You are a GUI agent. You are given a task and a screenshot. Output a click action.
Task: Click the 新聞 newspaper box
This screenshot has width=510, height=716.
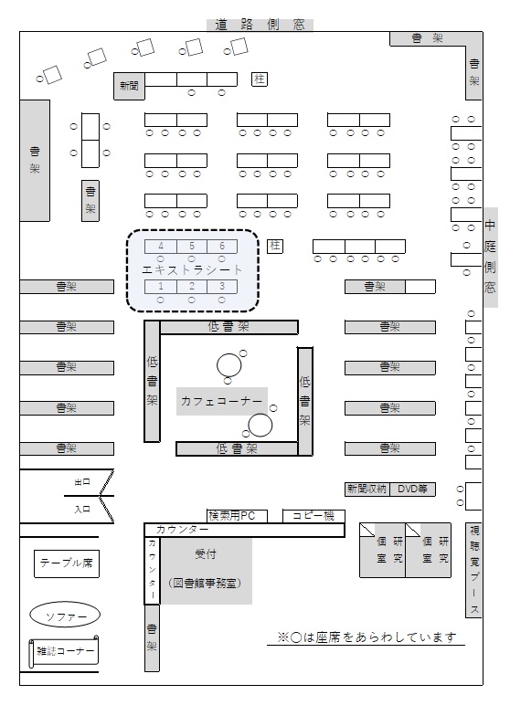pyautogui.click(x=129, y=86)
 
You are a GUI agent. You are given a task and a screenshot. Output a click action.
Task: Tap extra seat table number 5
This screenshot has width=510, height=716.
pyautogui.click(x=192, y=247)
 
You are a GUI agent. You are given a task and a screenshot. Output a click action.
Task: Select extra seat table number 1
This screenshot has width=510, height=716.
pyautogui.click(x=161, y=287)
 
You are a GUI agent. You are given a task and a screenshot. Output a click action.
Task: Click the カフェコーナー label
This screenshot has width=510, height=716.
pyautogui.click(x=221, y=402)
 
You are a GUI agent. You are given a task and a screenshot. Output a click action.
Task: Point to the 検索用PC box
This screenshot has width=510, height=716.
pyautogui.click(x=237, y=516)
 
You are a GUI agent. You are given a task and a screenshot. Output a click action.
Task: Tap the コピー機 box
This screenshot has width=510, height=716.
pyautogui.click(x=313, y=516)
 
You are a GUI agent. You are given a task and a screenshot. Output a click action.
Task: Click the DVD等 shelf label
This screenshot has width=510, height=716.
pyautogui.click(x=412, y=490)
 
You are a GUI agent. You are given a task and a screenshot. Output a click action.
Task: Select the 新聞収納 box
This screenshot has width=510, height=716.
pyautogui.click(x=367, y=490)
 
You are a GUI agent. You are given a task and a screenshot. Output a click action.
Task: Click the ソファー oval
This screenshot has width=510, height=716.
pyautogui.click(x=65, y=616)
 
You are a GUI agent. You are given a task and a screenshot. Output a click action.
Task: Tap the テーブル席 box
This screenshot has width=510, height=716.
pyautogui.click(x=66, y=563)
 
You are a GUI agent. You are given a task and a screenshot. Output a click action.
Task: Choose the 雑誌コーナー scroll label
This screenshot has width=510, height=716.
pyautogui.click(x=64, y=652)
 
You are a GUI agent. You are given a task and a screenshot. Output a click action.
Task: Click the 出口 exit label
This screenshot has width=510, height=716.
pyautogui.click(x=82, y=482)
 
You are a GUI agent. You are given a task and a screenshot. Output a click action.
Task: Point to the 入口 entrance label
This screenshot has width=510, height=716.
pyautogui.click(x=82, y=510)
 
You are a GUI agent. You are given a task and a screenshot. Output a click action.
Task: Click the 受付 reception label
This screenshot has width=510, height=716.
pyautogui.click(x=206, y=554)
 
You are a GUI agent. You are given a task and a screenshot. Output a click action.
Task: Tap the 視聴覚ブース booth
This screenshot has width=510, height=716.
pyautogui.click(x=473, y=570)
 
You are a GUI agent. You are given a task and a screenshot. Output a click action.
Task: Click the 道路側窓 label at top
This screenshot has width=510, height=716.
pyautogui.click(x=260, y=25)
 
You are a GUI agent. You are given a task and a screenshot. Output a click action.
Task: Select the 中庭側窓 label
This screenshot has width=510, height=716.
pyautogui.click(x=490, y=258)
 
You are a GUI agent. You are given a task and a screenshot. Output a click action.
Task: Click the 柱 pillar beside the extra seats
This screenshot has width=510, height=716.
pyautogui.click(x=274, y=247)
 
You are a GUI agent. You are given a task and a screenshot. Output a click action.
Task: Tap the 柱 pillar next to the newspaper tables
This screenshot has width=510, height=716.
pyautogui.click(x=260, y=79)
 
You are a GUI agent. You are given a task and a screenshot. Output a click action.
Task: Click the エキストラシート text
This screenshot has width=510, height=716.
pyautogui.click(x=192, y=270)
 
